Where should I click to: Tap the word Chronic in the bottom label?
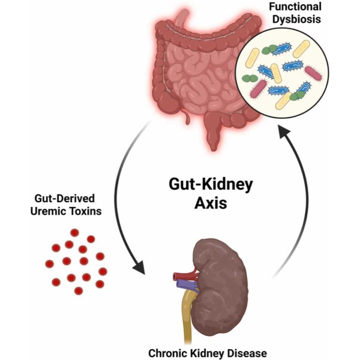[173, 353]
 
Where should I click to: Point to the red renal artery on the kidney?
[182, 277]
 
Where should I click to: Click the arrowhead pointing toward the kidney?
[140, 266]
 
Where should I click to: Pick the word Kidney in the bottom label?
[211, 353]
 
